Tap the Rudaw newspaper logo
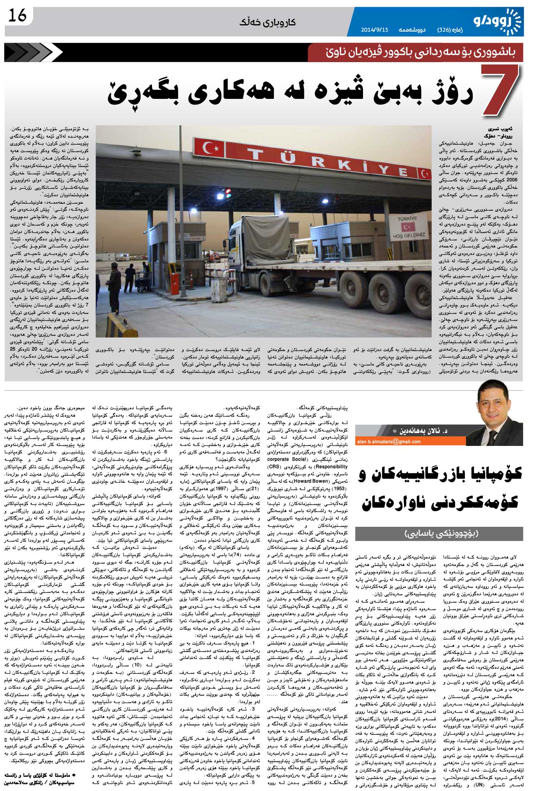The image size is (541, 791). point(497,21)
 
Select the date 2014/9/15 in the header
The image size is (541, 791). point(375,30)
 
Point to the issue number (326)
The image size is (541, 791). point(445,30)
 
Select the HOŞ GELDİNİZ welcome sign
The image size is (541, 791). point(408,227)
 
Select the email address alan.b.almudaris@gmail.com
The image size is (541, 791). point(389,442)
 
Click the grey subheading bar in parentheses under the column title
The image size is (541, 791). point(439,533)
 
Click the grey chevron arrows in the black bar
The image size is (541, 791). point(33,52)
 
